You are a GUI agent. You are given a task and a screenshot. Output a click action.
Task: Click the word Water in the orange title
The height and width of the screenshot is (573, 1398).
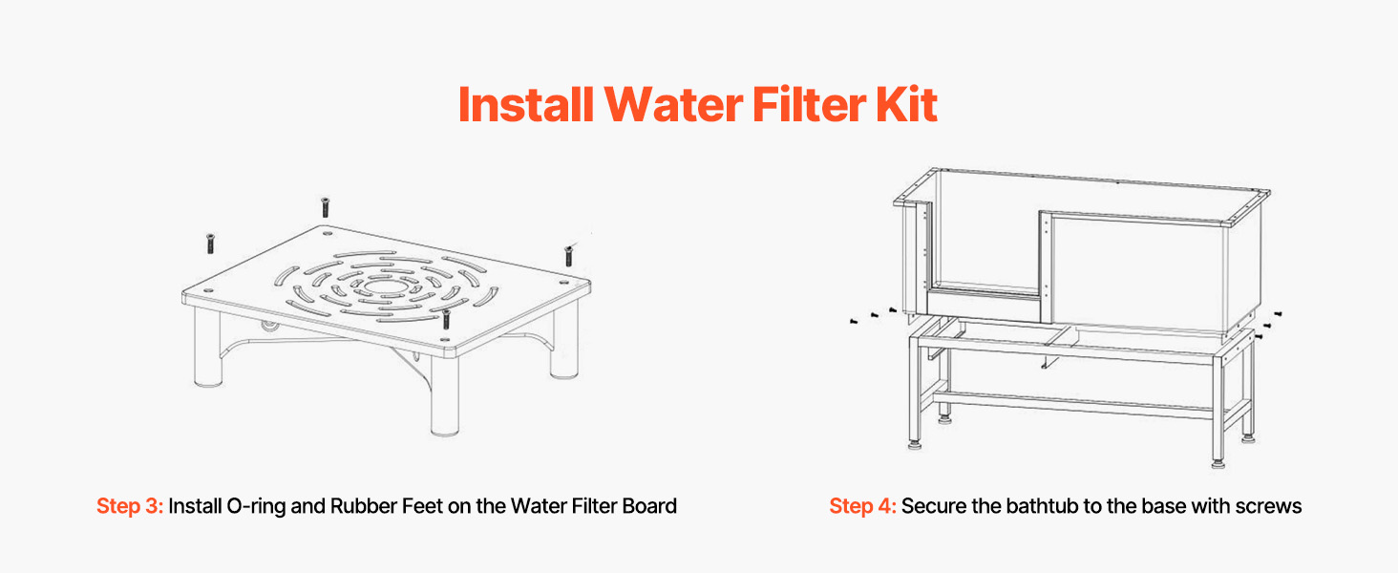(673, 104)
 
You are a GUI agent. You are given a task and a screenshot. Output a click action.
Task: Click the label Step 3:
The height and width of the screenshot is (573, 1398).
(130, 506)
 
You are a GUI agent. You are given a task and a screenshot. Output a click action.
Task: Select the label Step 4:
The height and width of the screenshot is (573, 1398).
(862, 506)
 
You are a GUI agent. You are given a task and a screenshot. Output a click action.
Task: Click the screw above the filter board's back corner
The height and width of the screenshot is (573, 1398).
(325, 207)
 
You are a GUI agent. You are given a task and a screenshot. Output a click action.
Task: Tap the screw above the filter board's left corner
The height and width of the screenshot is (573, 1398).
(210, 244)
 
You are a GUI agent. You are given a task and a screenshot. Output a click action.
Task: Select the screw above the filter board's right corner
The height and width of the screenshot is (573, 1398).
(568, 256)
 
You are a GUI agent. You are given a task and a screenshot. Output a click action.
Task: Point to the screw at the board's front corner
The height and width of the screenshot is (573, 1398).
(446, 319)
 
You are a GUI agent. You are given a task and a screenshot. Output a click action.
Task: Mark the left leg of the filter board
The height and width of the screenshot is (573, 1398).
(208, 349)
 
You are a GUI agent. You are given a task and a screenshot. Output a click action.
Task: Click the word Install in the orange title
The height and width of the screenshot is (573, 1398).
(526, 104)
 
